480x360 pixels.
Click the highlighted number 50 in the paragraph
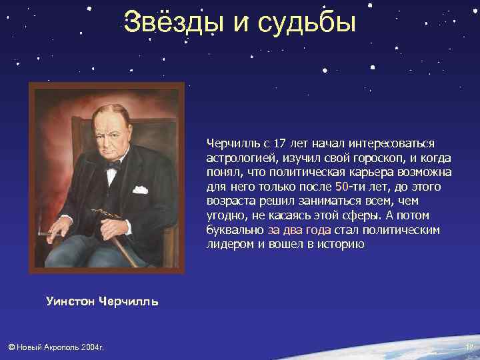click(341, 187)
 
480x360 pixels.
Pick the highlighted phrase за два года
click(299, 230)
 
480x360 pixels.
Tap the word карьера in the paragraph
click(382, 172)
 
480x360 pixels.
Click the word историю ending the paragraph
click(341, 245)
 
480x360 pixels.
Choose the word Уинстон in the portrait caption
click(70, 301)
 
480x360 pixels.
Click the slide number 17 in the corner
click(469, 347)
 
